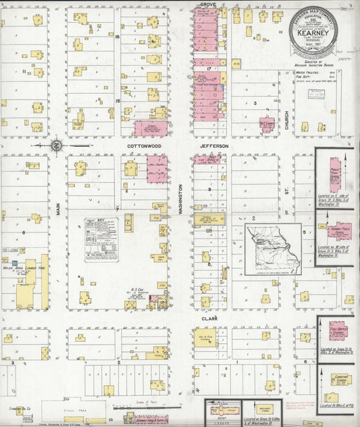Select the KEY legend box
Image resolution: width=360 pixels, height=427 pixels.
[101, 238]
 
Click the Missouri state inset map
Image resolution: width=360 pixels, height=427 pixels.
[273, 249]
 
